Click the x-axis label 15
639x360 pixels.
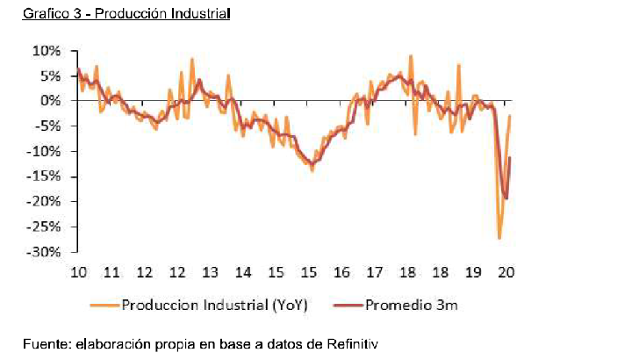click(x=309, y=271)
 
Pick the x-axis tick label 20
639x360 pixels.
click(x=506, y=271)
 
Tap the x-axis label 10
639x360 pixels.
click(x=77, y=271)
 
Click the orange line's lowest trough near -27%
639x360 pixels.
click(x=499, y=238)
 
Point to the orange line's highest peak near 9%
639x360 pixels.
click(x=411, y=56)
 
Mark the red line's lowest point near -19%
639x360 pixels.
click(x=506, y=199)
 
